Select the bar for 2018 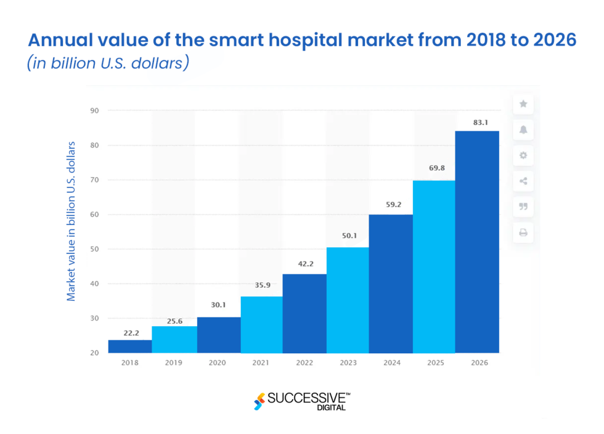130,346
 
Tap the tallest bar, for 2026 477,241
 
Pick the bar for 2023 348,300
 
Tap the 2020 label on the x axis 217,363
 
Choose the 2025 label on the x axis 434,363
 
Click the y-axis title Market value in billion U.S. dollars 71,221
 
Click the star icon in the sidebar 523,104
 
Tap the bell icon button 523,130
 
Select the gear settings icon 523,155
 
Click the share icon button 523,181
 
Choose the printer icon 523,233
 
